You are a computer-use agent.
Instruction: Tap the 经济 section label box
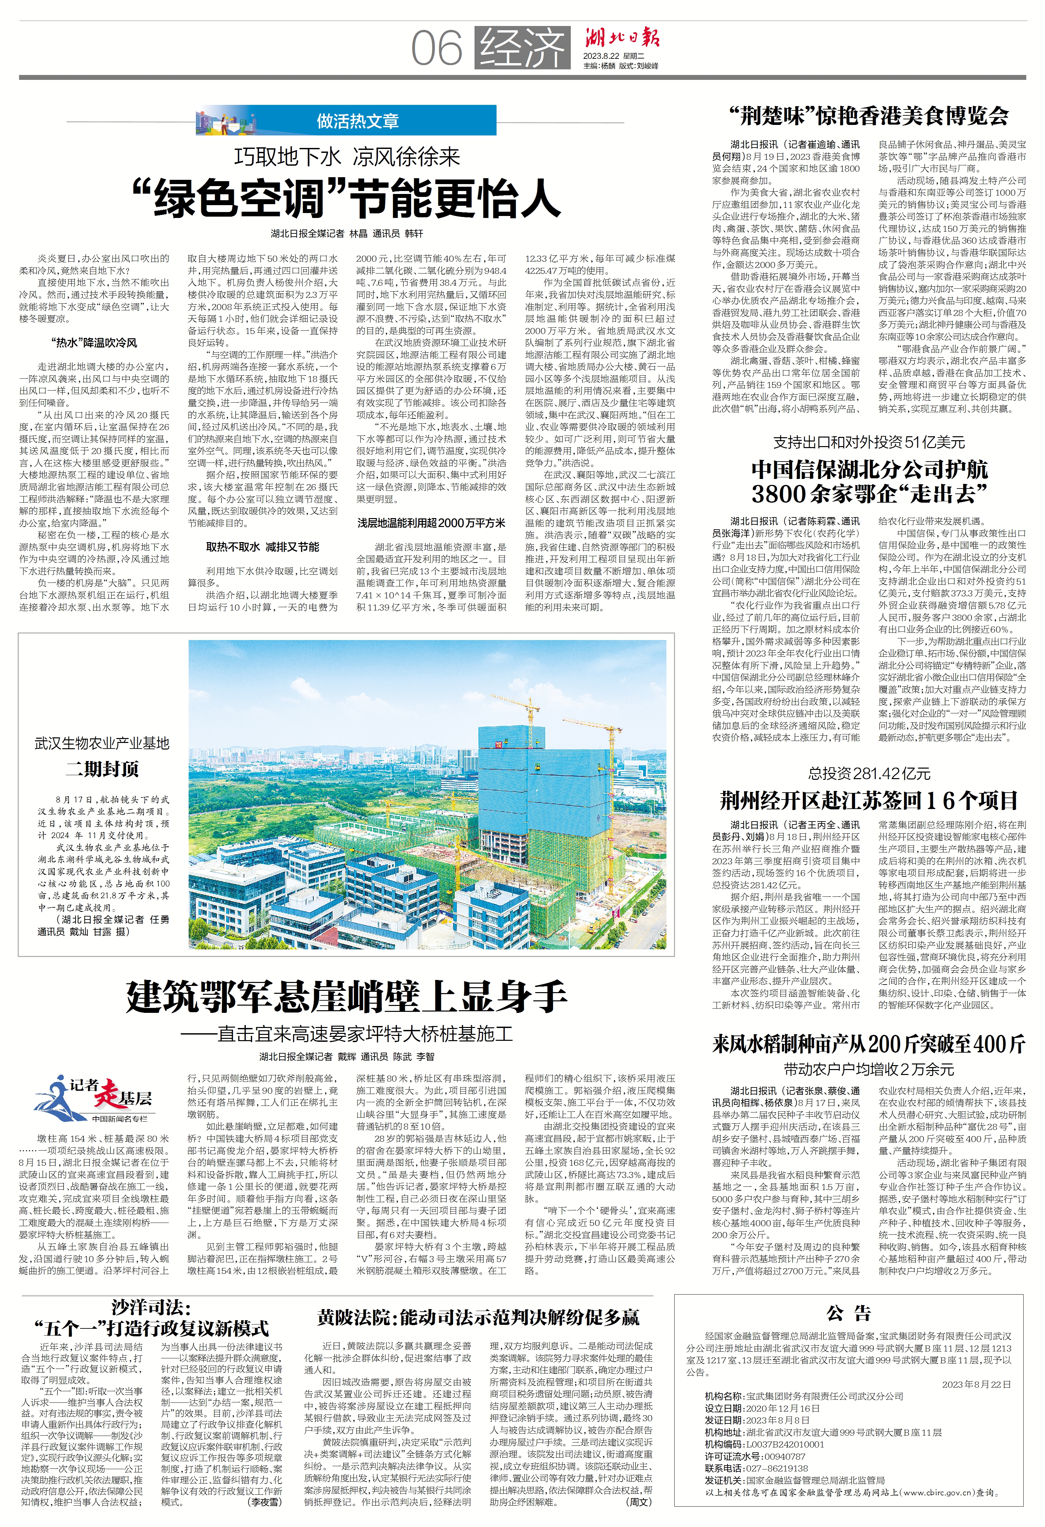point(522,48)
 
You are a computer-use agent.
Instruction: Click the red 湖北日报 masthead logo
point(621,38)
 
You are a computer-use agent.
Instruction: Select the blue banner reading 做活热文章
point(358,121)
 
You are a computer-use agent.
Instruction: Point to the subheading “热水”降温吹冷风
point(94,342)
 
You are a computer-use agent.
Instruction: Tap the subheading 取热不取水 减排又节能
point(263,547)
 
